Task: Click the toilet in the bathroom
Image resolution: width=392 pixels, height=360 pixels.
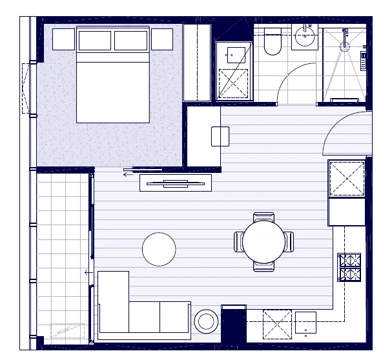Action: pyautogui.click(x=273, y=43)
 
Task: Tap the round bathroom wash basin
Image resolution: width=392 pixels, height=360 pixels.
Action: pyautogui.click(x=304, y=38)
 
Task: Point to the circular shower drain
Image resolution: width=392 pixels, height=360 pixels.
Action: pyautogui.click(x=345, y=46)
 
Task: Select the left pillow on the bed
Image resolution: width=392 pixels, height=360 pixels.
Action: pyautogui.click(x=94, y=41)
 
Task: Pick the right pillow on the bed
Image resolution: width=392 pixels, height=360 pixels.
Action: pyautogui.click(x=132, y=41)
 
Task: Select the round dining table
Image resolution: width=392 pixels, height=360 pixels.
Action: pyautogui.click(x=263, y=242)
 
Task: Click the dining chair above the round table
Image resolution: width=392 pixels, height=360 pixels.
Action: pyautogui.click(x=263, y=217)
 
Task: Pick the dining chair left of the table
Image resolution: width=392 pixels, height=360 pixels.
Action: pyautogui.click(x=238, y=242)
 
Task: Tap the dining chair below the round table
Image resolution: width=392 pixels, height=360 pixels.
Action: pyautogui.click(x=263, y=266)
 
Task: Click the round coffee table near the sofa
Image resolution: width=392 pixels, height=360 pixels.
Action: pyautogui.click(x=159, y=249)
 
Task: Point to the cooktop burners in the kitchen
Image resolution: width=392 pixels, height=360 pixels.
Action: pyautogui.click(x=349, y=267)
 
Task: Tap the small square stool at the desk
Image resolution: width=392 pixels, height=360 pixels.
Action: pyautogui.click(x=220, y=136)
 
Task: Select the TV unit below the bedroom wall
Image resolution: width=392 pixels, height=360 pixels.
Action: pyautogui.click(x=176, y=183)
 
